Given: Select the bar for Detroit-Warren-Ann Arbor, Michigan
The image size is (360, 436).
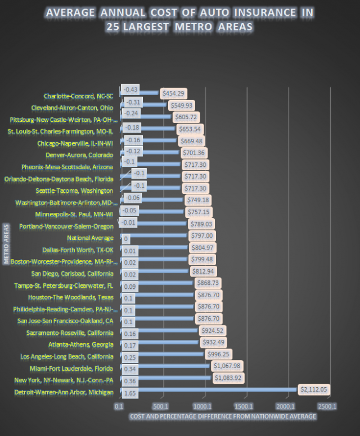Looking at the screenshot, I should click(208, 389).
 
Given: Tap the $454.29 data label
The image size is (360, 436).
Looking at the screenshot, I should click(174, 93).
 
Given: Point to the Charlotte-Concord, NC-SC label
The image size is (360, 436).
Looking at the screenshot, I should click(78, 96).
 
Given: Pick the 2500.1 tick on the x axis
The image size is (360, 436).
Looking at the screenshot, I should click(327, 406).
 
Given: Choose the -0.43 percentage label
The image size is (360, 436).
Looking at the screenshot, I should click(132, 89).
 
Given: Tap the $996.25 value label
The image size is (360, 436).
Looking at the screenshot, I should click(219, 353).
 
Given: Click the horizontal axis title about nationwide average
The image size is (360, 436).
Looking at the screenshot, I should click(222, 416).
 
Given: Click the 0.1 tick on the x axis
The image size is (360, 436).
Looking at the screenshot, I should click(119, 406).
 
